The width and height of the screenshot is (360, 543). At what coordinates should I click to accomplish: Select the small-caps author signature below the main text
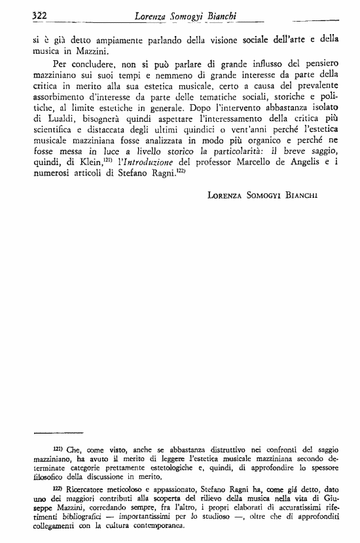click(x=268, y=195)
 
